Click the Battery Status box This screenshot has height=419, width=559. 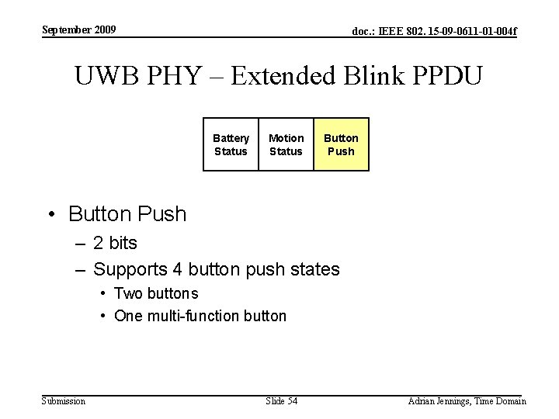pyautogui.click(x=231, y=144)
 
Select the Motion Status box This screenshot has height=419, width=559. pyautogui.click(x=286, y=144)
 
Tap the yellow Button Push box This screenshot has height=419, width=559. pyautogui.click(x=341, y=144)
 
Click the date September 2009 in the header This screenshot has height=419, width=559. pyautogui.click(x=78, y=30)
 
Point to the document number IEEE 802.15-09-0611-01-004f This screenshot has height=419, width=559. pyautogui.click(x=434, y=32)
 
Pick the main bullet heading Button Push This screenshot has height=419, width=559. pyautogui.click(x=127, y=213)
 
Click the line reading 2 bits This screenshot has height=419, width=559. pyautogui.click(x=115, y=243)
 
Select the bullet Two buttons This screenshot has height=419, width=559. pyautogui.click(x=155, y=293)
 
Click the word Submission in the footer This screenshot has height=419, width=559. pyautogui.click(x=63, y=401)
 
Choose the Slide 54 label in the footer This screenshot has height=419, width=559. pyautogui.click(x=281, y=401)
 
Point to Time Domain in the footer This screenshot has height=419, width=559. pyautogui.click(x=502, y=401)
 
